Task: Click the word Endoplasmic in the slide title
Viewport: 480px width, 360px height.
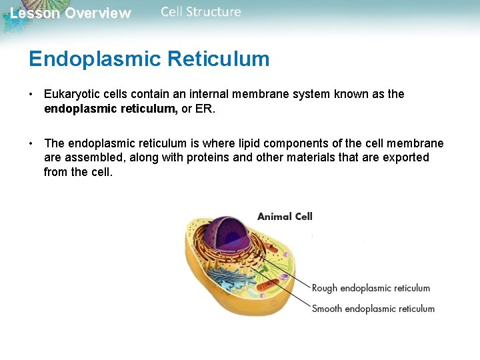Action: pyautogui.click(x=95, y=59)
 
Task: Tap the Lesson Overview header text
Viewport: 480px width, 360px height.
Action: pyautogui.click(x=71, y=13)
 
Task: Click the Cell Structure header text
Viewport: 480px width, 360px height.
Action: pyautogui.click(x=201, y=12)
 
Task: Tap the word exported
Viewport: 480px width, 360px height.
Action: pyautogui.click(x=406, y=157)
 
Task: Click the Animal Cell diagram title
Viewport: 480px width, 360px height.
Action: pyautogui.click(x=285, y=216)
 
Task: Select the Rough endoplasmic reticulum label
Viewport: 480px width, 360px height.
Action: pyautogui.click(x=371, y=288)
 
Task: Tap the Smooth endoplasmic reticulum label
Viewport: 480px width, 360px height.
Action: pyautogui.click(x=373, y=309)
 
